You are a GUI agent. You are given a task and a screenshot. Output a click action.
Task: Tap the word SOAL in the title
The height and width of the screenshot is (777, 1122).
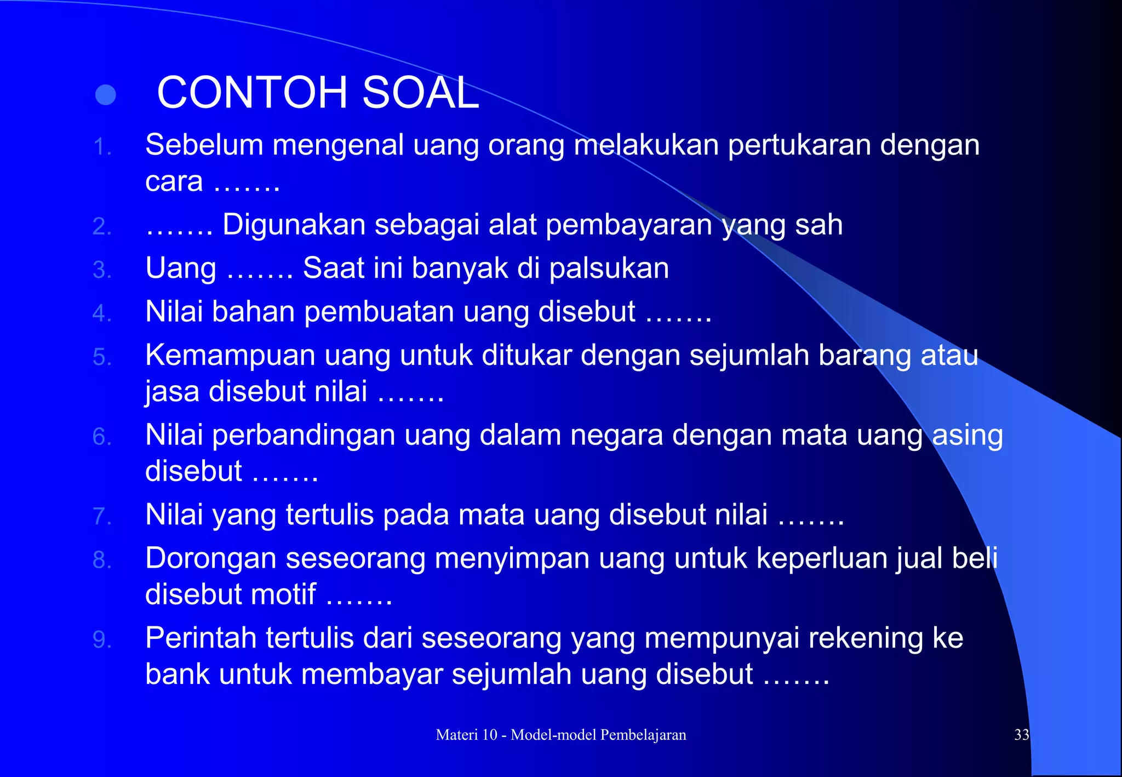[x=420, y=93]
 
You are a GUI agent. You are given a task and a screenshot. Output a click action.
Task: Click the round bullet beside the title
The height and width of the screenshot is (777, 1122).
[x=105, y=95]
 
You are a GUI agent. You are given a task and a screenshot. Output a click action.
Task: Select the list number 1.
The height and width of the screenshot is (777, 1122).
[x=101, y=147]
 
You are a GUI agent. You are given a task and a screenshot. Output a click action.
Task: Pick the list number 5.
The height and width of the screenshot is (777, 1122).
[x=101, y=357]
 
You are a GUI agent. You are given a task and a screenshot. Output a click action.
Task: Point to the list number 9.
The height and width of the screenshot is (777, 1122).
[x=101, y=639]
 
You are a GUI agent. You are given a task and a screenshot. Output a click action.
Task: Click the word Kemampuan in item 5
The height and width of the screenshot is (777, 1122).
[x=230, y=356]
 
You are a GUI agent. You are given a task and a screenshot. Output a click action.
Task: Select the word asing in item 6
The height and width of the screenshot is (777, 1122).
[x=968, y=436]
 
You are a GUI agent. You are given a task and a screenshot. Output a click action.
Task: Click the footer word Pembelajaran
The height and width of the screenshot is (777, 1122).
[x=643, y=735]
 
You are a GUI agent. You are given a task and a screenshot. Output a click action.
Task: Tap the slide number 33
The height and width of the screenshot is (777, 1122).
[x=1021, y=735]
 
